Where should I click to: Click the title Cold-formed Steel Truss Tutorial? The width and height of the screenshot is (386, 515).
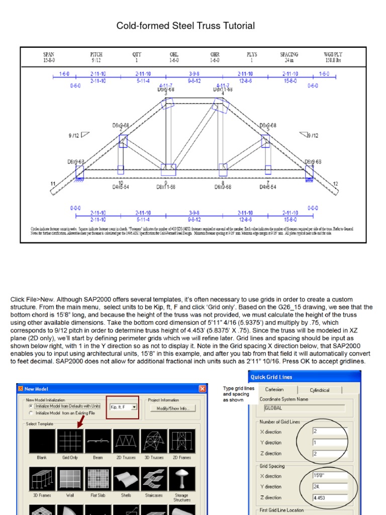pyautogui.click(x=185, y=26)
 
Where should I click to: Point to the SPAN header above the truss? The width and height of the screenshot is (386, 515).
pyautogui.click(x=49, y=54)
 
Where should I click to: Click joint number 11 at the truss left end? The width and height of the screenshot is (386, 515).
pyautogui.click(x=52, y=184)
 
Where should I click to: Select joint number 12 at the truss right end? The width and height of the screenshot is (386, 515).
pyautogui.click(x=335, y=184)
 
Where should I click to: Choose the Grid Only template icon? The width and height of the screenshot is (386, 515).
pyautogui.click(x=70, y=441)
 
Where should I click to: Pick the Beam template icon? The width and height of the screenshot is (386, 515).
pyautogui.click(x=98, y=441)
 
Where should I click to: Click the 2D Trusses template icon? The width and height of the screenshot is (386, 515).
pyautogui.click(x=126, y=441)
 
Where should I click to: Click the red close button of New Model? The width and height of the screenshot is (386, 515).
pyautogui.click(x=202, y=388)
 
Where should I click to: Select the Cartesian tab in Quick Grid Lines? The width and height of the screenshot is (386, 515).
pyautogui.click(x=274, y=390)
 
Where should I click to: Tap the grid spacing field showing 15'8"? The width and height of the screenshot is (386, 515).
pyautogui.click(x=329, y=475)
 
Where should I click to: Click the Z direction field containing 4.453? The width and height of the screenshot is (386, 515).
pyautogui.click(x=329, y=497)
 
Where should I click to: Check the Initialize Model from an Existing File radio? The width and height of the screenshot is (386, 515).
pyautogui.click(x=31, y=412)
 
